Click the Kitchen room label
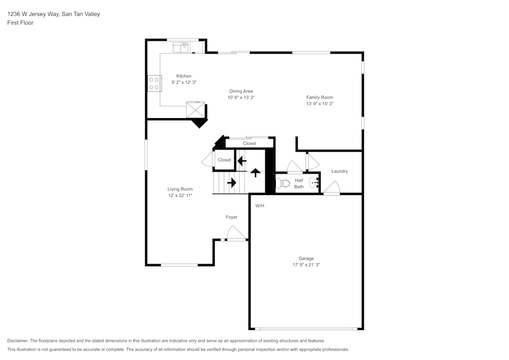[x=184, y=76]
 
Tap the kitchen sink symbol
[x=181, y=47]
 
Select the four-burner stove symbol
[x=153, y=84]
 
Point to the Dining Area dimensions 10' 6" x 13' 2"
[x=241, y=97]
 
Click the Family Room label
[x=319, y=97]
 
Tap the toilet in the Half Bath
[x=282, y=183]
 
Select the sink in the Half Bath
[x=313, y=183]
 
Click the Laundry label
[x=340, y=171]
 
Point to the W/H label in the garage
[x=260, y=206]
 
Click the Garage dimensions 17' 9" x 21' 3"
[x=306, y=265]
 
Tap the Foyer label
[x=232, y=217]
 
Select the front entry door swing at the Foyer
[x=236, y=233]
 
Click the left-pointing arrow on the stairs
[x=242, y=160]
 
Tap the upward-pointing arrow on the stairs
[x=255, y=173]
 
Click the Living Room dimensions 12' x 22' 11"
[x=180, y=195]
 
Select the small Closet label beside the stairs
[x=224, y=160]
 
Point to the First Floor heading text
[x=20, y=23]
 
